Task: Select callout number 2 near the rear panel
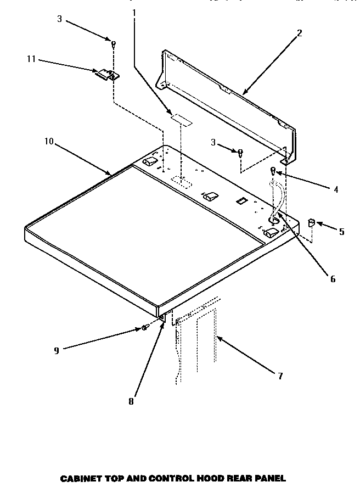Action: tap(299, 33)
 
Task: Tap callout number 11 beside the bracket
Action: tap(31, 59)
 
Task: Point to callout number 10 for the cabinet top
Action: tap(49, 141)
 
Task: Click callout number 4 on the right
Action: tap(335, 189)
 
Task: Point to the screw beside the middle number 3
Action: tap(240, 153)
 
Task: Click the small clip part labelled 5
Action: tap(310, 222)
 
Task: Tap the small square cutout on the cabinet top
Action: tap(239, 201)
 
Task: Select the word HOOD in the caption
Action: tap(209, 479)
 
